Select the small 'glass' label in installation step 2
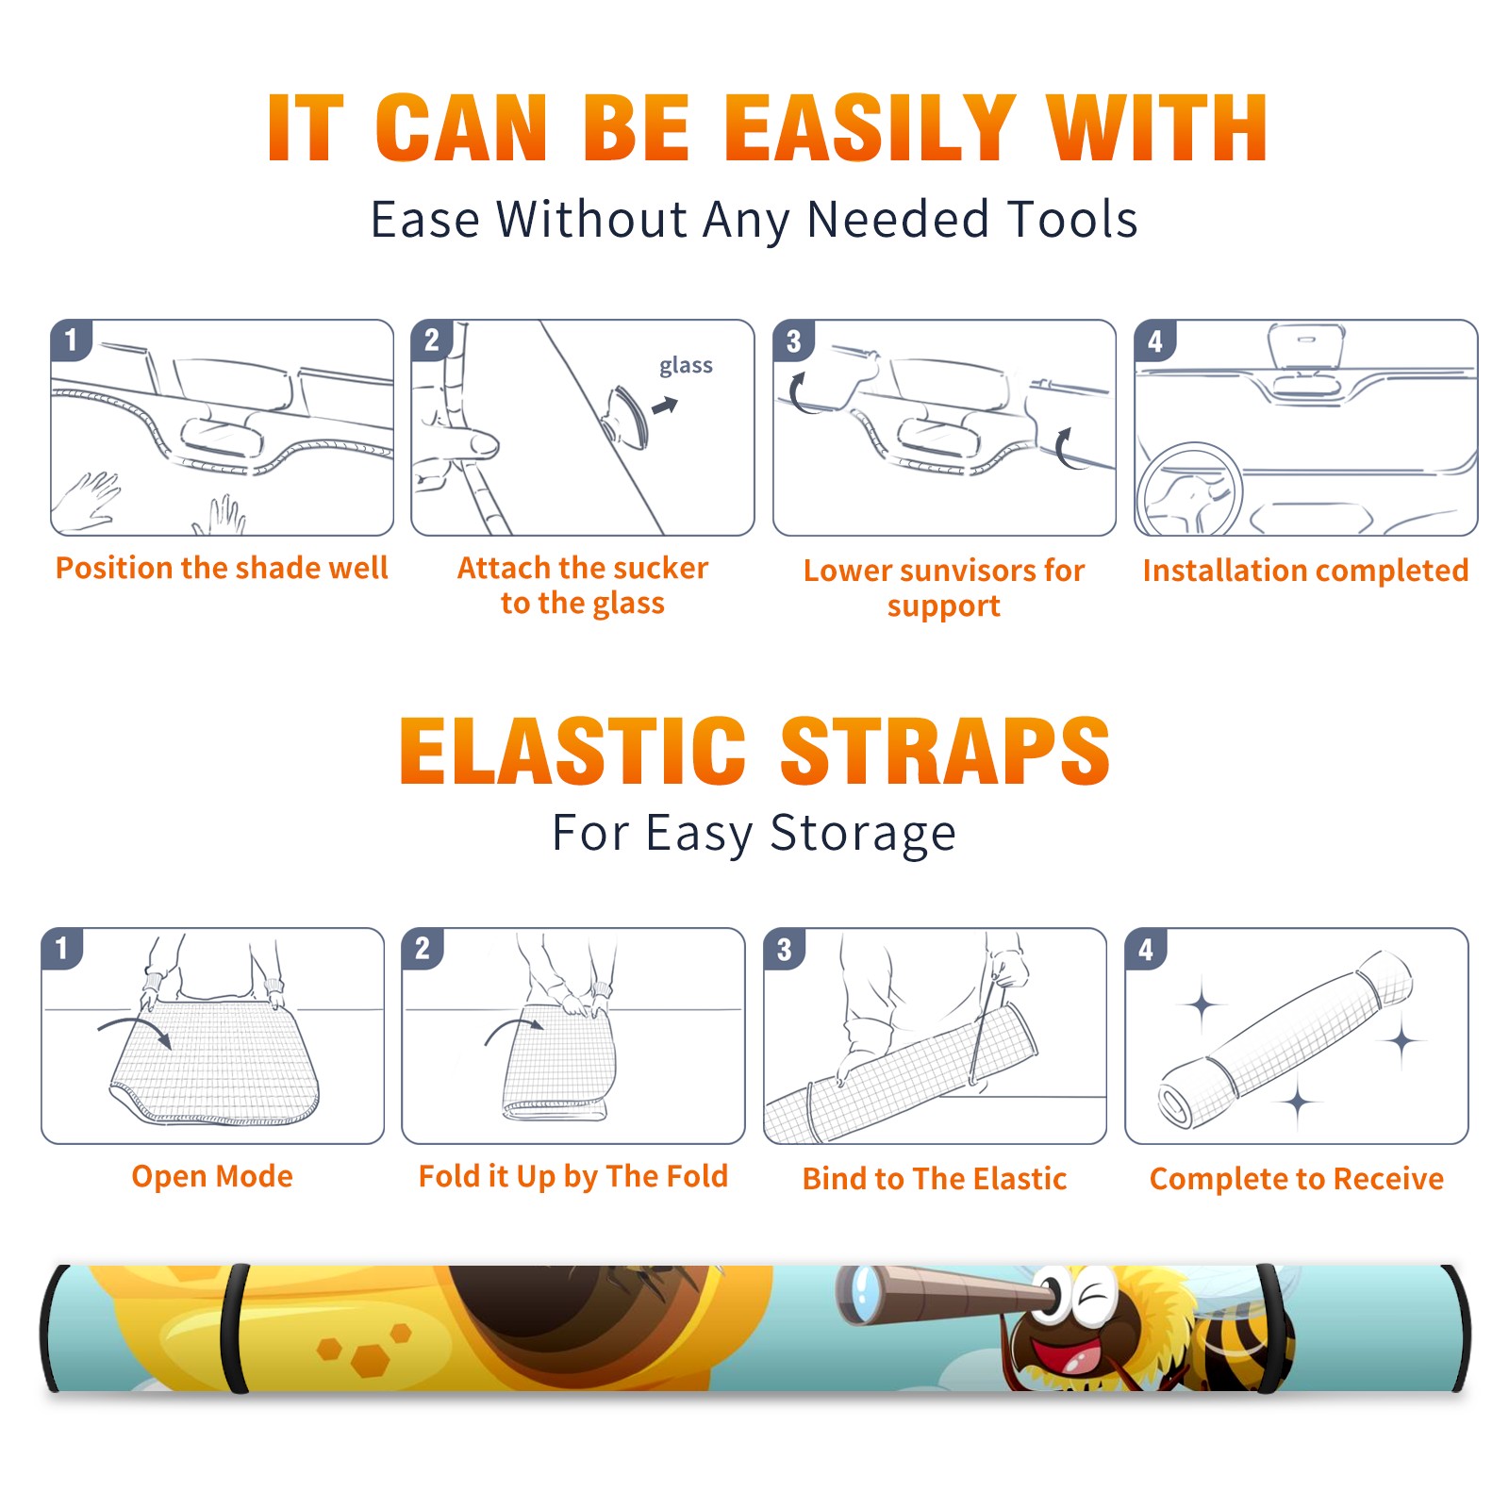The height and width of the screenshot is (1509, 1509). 686,366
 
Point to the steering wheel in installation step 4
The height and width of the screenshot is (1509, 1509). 1189,490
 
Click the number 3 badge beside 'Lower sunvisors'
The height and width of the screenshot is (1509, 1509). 793,340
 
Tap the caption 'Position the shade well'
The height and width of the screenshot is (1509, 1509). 222,568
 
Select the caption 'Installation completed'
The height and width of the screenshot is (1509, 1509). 1305,571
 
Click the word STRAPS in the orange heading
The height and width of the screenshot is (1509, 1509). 945,751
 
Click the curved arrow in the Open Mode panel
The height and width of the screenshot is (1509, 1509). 135,1030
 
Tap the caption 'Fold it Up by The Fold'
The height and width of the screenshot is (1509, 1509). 573,1177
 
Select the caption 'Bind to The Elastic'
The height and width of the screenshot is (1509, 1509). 935,1179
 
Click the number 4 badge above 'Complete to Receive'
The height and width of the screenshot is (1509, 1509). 1146,949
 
